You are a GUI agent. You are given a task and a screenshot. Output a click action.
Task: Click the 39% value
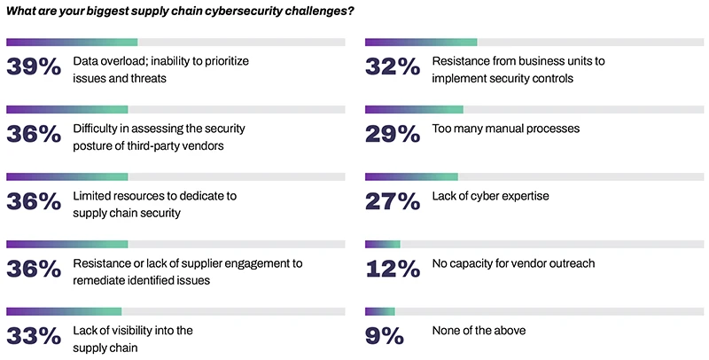point(34,67)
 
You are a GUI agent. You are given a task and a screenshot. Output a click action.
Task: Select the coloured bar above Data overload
point(72,42)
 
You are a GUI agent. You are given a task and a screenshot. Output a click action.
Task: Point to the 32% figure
point(393,67)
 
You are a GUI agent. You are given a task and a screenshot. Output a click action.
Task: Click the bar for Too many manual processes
point(414,110)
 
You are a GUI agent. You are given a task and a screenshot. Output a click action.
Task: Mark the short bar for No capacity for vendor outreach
point(383,244)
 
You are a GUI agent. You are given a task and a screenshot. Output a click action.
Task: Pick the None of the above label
point(479,331)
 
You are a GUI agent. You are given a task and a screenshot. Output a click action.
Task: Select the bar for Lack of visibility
point(64,311)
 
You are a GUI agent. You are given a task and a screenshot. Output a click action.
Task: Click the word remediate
point(103,279)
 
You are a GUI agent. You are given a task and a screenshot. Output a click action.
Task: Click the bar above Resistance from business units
point(421,42)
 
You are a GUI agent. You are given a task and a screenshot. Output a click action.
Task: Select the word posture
point(96,145)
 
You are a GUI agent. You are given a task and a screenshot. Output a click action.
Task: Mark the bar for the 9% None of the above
point(380,311)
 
